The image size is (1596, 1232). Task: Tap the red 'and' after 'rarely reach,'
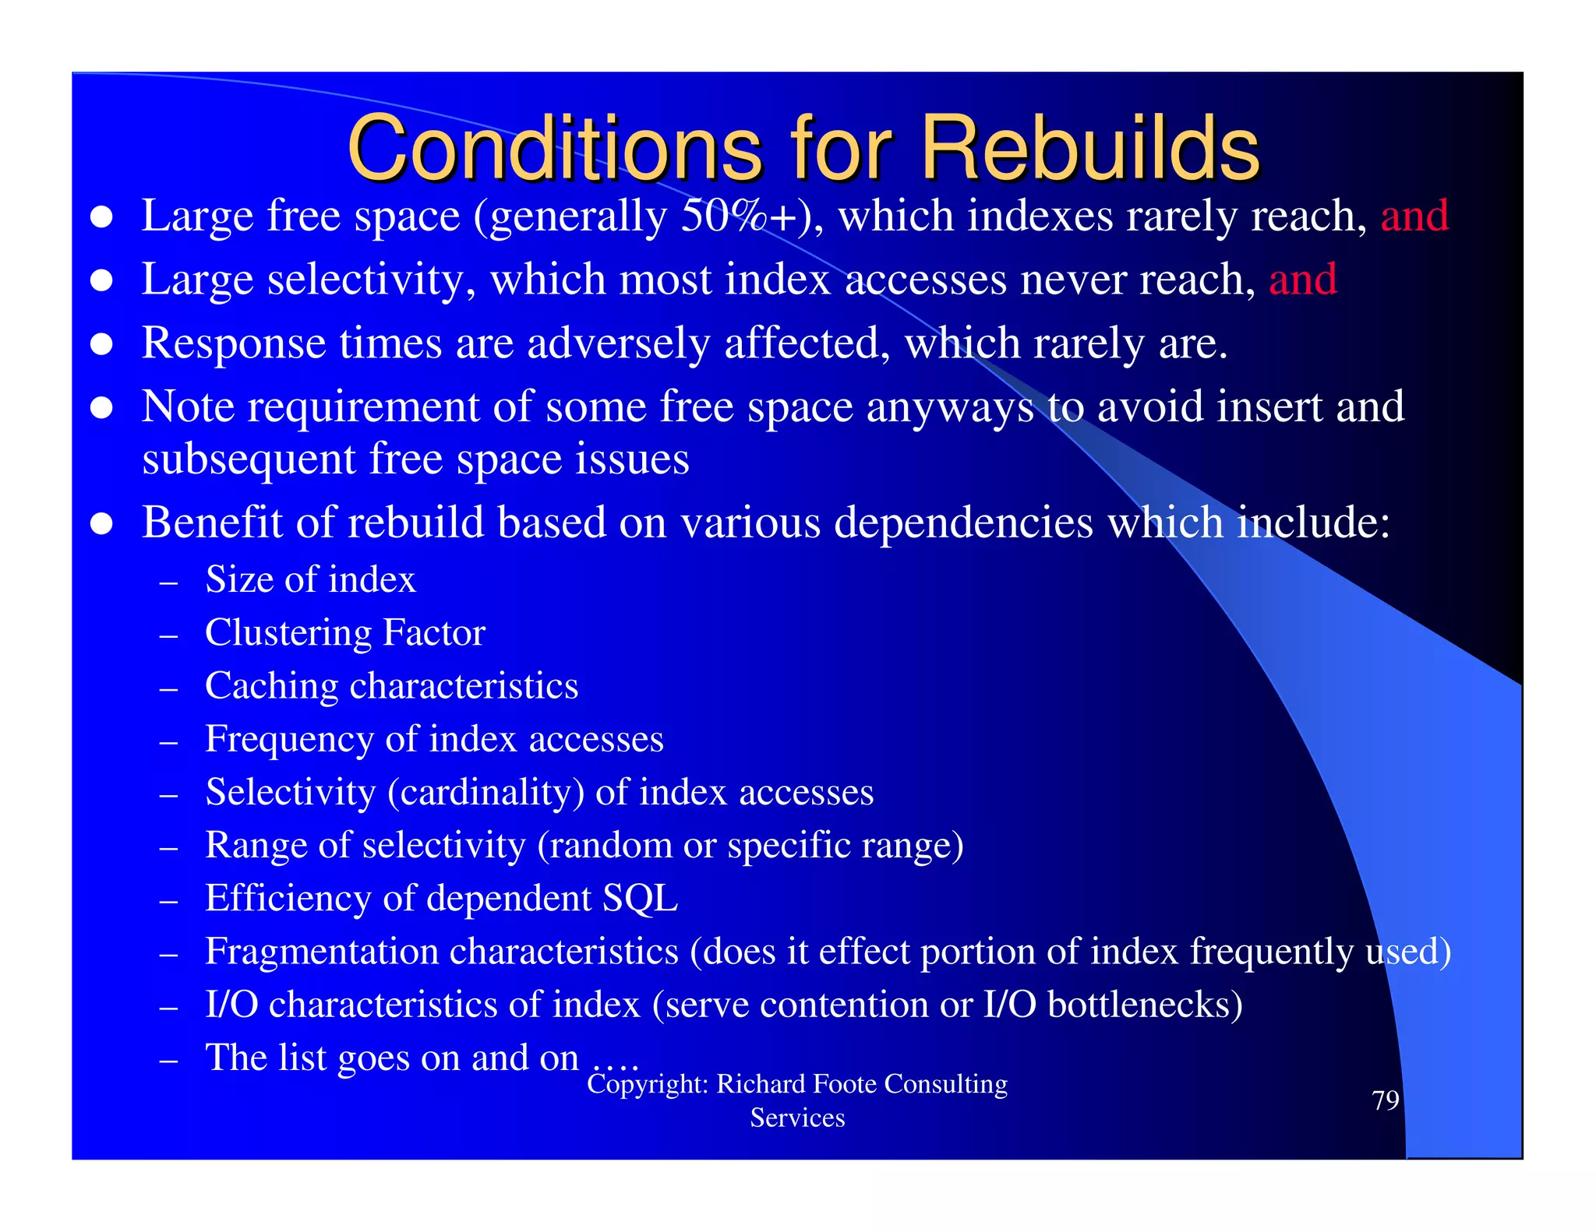[x=1414, y=216]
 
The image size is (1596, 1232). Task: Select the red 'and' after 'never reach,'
[x=1303, y=280]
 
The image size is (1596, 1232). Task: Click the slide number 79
[x=1385, y=1100]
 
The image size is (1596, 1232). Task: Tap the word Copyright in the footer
[x=646, y=1084]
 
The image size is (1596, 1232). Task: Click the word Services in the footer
[x=797, y=1118]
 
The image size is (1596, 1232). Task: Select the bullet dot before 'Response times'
[x=102, y=344]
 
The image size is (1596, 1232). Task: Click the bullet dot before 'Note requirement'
[x=102, y=407]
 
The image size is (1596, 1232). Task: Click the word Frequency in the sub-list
[x=289, y=740]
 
